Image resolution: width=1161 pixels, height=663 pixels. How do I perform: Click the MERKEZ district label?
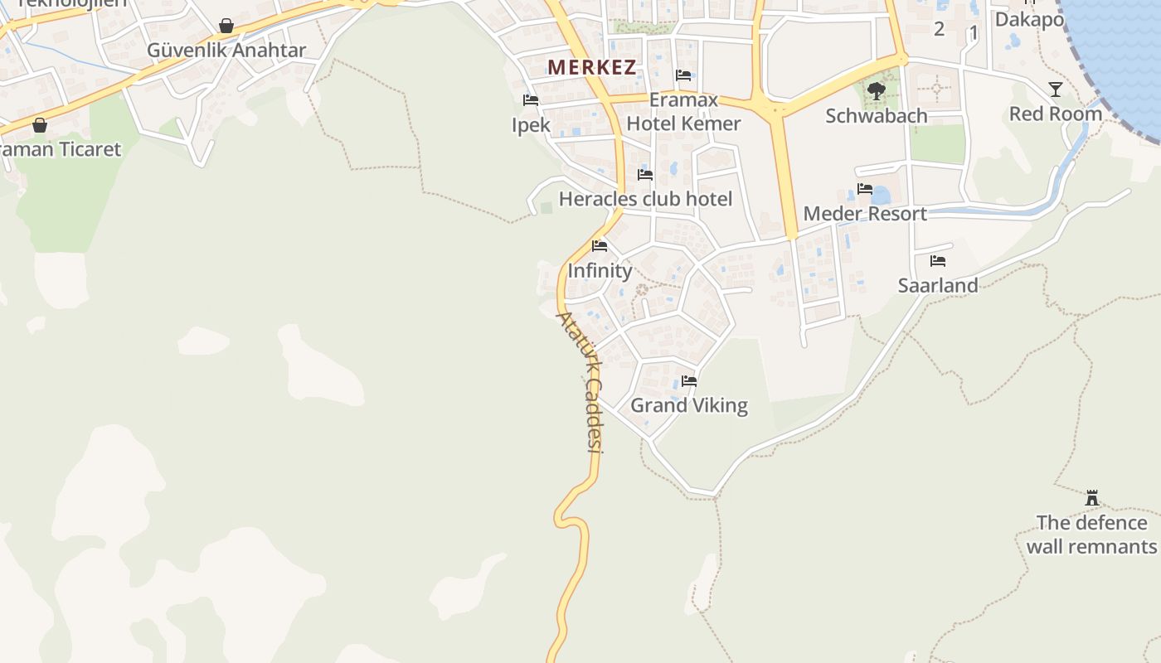(x=591, y=68)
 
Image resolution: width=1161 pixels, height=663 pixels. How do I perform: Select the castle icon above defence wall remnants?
(x=1092, y=498)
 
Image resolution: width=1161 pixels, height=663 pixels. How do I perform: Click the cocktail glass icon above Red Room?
(x=1055, y=90)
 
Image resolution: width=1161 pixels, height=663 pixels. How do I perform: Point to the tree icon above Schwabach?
(x=876, y=90)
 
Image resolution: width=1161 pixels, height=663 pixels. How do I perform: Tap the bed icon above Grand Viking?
(x=689, y=381)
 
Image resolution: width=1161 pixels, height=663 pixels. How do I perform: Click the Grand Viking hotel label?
(x=689, y=405)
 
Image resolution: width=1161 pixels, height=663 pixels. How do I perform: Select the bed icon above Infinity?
(x=600, y=246)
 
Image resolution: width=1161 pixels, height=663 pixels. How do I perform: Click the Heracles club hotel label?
(x=645, y=199)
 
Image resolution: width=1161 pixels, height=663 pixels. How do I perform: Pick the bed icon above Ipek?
(x=531, y=100)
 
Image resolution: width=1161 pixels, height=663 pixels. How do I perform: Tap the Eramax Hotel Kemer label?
(x=683, y=113)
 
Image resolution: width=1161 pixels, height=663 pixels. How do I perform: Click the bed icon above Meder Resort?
(x=865, y=189)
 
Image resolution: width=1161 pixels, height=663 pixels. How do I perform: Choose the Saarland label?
(x=938, y=285)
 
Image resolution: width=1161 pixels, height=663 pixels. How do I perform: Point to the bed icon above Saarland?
(x=938, y=260)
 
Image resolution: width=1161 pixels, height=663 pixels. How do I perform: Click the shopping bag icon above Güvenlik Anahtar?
(x=226, y=26)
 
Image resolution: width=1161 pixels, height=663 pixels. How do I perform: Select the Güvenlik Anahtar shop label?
(x=226, y=51)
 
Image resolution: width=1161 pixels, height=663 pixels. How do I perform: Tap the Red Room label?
(x=1055, y=114)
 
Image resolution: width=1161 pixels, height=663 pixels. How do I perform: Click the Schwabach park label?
(x=876, y=116)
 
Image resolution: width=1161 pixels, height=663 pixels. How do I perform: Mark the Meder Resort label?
(x=865, y=214)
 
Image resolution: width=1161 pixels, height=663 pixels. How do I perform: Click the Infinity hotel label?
(x=600, y=271)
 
